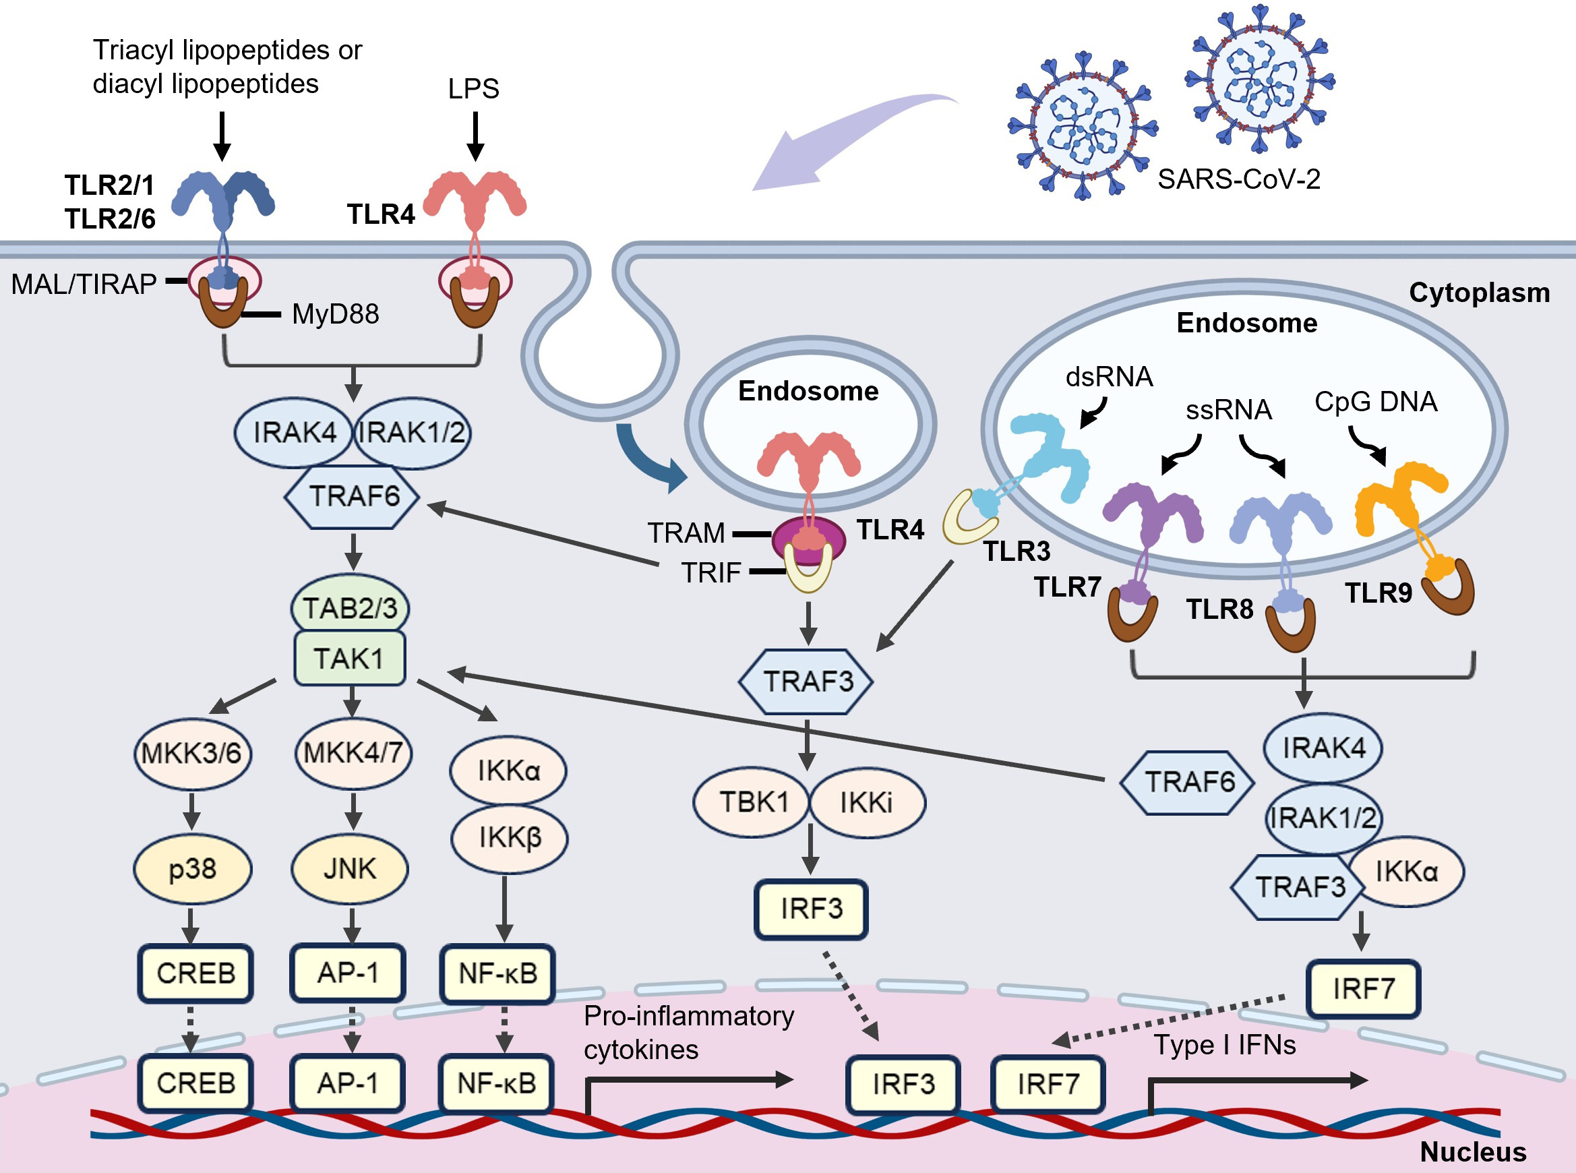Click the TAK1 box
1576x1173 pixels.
tap(349, 658)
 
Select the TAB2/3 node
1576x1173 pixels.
tap(349, 608)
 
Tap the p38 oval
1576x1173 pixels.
tap(192, 868)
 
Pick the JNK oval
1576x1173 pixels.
tap(349, 868)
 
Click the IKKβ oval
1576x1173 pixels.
tap(509, 838)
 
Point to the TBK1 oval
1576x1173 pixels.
tap(752, 802)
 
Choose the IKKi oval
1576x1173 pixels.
tap(866, 802)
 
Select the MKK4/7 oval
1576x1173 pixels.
tap(353, 752)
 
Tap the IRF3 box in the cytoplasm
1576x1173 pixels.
tap(811, 909)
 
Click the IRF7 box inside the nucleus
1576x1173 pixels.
tap(1048, 1084)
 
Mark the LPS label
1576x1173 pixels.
tap(473, 89)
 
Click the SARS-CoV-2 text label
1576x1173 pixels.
tap(1239, 179)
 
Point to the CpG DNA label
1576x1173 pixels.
tap(1375, 402)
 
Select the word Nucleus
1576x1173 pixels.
tap(1472, 1151)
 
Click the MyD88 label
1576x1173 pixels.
tap(335, 314)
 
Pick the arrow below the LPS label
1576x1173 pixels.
tap(475, 136)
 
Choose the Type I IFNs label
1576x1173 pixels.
tap(1225, 1044)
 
